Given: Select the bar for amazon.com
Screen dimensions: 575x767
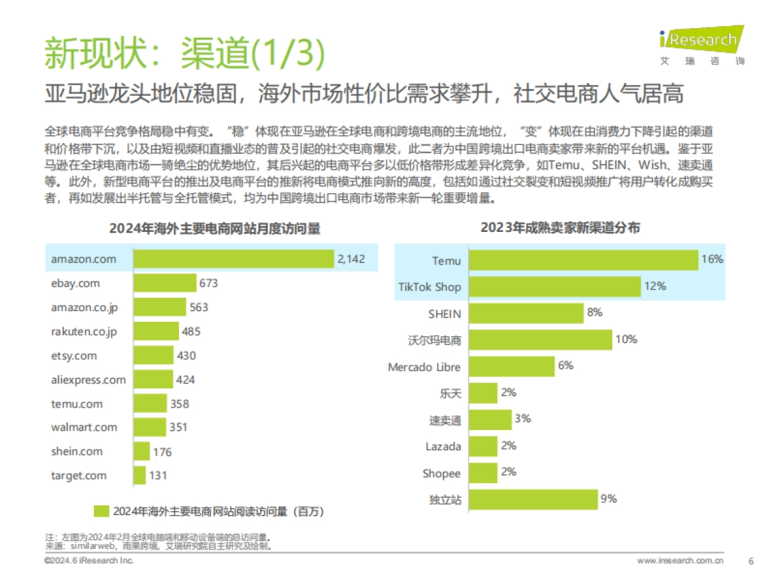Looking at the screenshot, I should point(234,259).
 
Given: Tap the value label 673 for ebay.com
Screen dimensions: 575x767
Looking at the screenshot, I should point(208,283).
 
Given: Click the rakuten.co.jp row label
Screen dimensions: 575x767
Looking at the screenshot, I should point(84,332).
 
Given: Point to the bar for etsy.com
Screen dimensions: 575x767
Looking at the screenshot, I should point(153,356).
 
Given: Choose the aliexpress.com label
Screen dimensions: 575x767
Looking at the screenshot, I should point(88,380).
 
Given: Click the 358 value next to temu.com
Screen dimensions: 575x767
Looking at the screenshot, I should point(179,404).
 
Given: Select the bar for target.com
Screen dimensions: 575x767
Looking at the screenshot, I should point(139,475).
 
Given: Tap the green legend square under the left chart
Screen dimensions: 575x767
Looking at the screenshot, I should point(101,511).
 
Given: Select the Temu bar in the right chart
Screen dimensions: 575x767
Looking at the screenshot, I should point(582,260).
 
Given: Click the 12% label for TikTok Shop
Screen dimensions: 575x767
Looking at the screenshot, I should point(655,286).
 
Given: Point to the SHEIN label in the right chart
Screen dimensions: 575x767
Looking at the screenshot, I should point(444,314).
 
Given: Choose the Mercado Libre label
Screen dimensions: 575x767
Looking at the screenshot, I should point(424,367).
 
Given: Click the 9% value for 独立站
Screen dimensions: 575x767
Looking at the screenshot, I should point(608,499).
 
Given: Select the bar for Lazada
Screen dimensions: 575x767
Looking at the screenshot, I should point(482,446).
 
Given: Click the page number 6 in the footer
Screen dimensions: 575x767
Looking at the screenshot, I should point(750,561).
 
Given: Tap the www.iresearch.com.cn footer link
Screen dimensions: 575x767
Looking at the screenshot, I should point(680,561).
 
